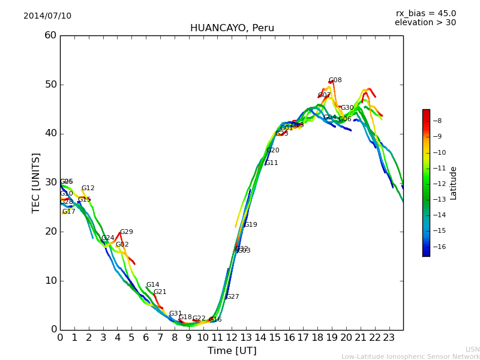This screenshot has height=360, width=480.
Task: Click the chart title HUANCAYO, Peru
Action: coord(232,28)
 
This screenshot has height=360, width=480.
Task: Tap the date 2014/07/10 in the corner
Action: coord(47,16)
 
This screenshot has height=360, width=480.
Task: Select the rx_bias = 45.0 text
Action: coord(425,14)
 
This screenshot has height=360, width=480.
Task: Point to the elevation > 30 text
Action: coord(425,23)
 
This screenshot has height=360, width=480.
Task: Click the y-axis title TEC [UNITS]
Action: coord(36,182)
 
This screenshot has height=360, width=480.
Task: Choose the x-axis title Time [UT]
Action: coord(232,351)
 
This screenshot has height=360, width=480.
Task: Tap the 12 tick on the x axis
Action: coord(232,338)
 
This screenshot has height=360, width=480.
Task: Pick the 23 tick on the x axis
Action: coord(389,338)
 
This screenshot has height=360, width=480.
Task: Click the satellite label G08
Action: coord(335,80)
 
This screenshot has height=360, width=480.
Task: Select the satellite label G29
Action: coord(126,232)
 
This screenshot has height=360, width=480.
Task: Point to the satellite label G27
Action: coord(232,297)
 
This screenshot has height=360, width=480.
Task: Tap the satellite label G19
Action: coord(250,225)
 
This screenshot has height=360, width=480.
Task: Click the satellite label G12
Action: coord(88,188)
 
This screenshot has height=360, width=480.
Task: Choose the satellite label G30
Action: coord(347,108)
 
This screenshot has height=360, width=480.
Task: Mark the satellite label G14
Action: coord(152,285)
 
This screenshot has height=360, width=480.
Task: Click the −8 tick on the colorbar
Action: coord(437,121)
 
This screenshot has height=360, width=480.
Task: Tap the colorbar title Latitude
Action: coord(454,183)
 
